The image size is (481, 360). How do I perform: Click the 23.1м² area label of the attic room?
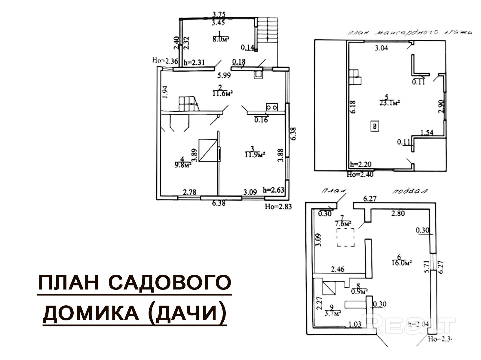tap(389, 103)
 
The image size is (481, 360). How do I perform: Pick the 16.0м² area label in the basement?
tap(401, 262)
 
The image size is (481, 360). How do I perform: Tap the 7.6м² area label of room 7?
tap(343, 224)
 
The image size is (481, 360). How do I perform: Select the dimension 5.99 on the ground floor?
tap(225, 76)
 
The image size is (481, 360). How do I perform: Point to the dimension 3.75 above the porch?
tap(219, 14)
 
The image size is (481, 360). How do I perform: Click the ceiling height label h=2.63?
tap(273, 190)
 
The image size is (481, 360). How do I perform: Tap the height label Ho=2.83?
tap(278, 206)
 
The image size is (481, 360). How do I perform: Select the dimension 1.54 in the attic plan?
tap(427, 132)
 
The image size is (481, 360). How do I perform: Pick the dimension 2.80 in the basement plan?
tap(398, 214)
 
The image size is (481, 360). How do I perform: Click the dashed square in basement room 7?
tap(345, 237)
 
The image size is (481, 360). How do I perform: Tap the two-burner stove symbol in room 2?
tap(271, 107)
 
